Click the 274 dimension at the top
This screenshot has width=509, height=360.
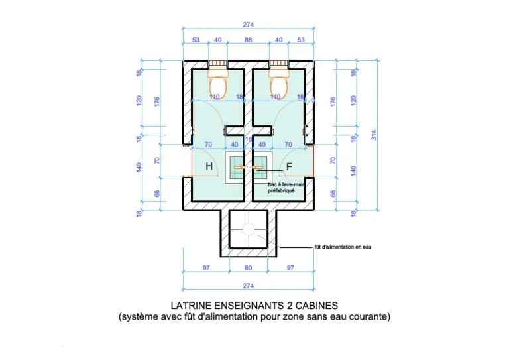[x=249, y=25]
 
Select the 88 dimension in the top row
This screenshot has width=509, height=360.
[x=249, y=40]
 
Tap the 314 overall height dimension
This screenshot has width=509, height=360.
[x=374, y=135]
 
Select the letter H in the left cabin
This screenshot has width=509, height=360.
[x=209, y=167]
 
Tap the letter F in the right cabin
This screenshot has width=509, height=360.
[x=289, y=167]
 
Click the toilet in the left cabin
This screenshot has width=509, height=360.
[x=219, y=82]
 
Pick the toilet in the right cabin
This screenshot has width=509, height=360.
[x=279, y=82]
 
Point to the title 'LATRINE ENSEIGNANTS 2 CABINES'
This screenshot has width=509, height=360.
[x=254, y=306]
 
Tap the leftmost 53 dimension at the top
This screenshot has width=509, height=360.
[x=196, y=40]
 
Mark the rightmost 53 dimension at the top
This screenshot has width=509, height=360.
[x=302, y=40]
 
